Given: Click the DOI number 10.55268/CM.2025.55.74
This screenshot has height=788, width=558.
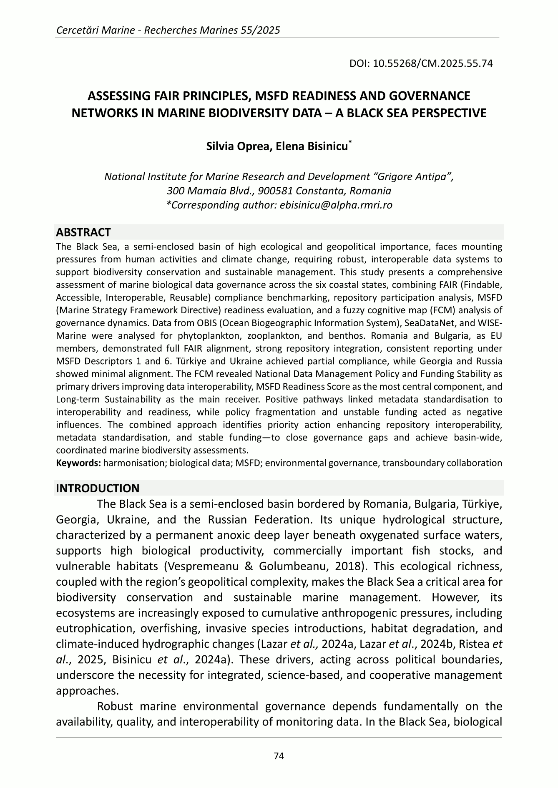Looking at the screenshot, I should [433, 63].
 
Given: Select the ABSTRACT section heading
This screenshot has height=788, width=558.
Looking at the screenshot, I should [83, 232].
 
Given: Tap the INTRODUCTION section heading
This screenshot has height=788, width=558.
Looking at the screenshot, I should [98, 488].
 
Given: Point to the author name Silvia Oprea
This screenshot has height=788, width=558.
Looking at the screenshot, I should [234, 146].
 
